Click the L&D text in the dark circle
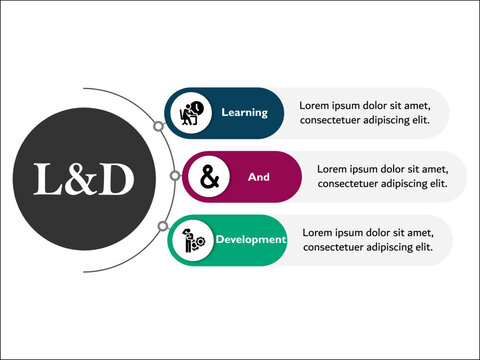click(x=83, y=178)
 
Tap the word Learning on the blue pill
click(x=245, y=112)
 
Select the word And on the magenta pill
click(x=258, y=177)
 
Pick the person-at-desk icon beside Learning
click(x=191, y=113)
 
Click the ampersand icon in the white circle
click(x=209, y=177)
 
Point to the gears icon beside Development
click(x=193, y=241)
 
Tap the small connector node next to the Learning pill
click(x=159, y=127)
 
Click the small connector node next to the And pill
click(x=176, y=177)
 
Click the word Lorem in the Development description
click(x=317, y=232)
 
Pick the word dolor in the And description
click(x=399, y=169)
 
